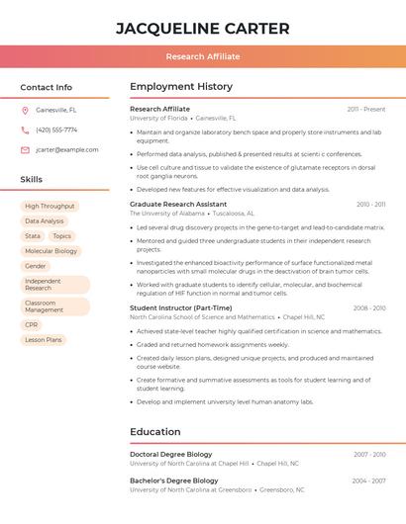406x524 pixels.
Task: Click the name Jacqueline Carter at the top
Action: tap(203, 29)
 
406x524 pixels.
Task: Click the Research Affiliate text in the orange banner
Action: tap(203, 56)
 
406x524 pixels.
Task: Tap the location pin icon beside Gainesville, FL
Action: tap(25, 110)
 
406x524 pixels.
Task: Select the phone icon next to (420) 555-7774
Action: tap(25, 130)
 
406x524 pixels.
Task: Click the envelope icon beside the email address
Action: tap(25, 149)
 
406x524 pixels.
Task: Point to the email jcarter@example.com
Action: tap(67, 149)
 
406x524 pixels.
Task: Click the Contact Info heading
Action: tap(46, 87)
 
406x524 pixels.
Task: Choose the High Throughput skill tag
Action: tap(50, 207)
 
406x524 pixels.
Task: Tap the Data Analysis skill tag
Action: tap(45, 221)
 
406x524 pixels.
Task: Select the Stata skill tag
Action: tap(33, 236)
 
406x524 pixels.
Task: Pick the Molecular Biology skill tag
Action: tap(51, 251)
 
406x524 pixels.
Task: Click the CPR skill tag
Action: tap(32, 324)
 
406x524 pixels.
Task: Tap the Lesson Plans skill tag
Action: tap(44, 339)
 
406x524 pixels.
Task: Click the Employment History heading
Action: tap(181, 87)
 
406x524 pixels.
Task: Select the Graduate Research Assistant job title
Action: tap(178, 204)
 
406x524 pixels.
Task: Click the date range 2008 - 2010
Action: tap(369, 307)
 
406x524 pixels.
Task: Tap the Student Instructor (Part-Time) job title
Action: tap(181, 307)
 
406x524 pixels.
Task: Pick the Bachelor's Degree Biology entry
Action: tap(173, 480)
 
